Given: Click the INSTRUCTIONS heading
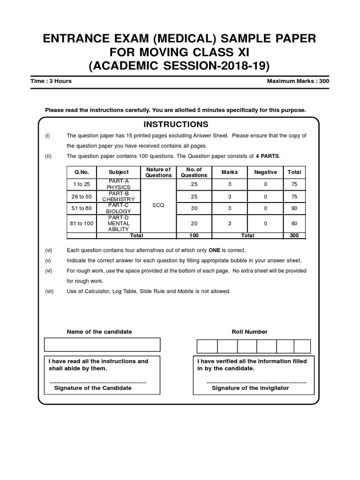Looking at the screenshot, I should click(176, 124).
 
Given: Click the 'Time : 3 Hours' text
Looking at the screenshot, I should click(51, 81).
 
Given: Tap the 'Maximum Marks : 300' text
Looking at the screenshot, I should click(298, 81).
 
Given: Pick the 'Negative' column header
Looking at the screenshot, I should click(265, 172).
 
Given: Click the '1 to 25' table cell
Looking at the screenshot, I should click(81, 184).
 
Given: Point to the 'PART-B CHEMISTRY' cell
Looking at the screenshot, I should click(118, 196).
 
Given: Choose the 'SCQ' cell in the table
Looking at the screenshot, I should click(158, 205).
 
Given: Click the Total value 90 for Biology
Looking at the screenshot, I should click(294, 209).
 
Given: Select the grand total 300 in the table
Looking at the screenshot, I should click(294, 235).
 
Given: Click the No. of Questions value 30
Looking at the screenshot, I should click(194, 209).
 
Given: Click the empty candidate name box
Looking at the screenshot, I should click(102, 345).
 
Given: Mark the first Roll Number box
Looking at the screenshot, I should click(207, 346).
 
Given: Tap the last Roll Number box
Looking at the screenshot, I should click(301, 346).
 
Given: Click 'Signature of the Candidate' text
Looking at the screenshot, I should click(93, 388).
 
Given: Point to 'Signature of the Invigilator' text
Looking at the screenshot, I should click(250, 388).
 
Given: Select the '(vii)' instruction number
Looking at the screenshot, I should click(50, 291).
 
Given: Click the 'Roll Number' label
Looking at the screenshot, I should click(249, 331).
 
